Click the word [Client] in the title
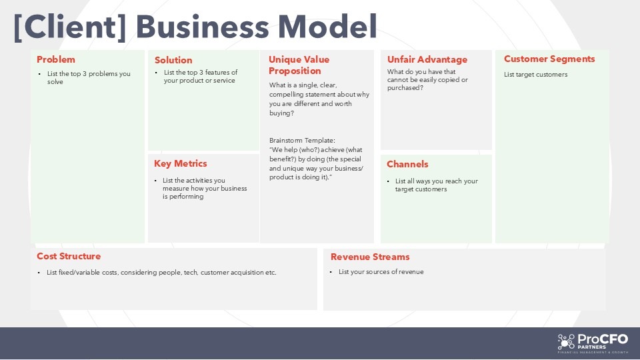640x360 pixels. [70, 27]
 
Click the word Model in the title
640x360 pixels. [327, 27]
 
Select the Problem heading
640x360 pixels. [56, 59]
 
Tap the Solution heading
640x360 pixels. [173, 60]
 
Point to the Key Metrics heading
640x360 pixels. [181, 164]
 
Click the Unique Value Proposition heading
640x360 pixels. [299, 65]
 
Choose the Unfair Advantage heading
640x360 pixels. [427, 59]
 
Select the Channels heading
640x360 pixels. [407, 164]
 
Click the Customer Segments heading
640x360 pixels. [549, 59]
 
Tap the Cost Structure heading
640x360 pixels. [69, 256]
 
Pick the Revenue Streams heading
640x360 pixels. [370, 257]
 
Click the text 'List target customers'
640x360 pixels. [535, 75]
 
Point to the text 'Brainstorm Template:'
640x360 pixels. [302, 141]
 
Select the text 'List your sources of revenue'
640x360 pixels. [381, 272]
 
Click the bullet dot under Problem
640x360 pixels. [39, 74]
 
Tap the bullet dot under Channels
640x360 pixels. [388, 181]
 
